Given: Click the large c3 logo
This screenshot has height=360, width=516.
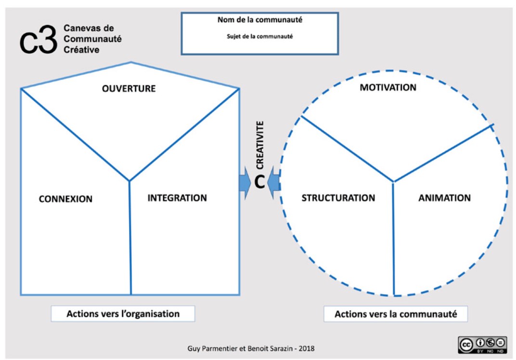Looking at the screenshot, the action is (38, 39).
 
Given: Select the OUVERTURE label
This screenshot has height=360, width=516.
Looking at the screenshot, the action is (129, 89).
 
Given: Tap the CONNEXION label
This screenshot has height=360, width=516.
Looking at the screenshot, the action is (65, 199).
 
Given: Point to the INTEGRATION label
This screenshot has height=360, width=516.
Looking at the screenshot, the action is (177, 198).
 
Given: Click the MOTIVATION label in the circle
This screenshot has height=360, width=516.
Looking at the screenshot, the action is (388, 88).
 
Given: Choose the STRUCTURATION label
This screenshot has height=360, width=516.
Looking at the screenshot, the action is (338, 198).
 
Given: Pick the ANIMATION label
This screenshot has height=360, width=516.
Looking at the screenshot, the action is (445, 198).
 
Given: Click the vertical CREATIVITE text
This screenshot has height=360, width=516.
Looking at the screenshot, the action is (260, 145).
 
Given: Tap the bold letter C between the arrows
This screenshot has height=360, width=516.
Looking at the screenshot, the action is (259, 182).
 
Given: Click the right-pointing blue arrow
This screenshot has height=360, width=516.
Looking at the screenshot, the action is (245, 183).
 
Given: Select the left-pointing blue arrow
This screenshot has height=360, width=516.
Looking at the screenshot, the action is (274, 183).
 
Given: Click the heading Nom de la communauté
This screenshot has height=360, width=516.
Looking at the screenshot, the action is (260, 20).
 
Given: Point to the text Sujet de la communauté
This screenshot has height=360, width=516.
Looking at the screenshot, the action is (259, 37).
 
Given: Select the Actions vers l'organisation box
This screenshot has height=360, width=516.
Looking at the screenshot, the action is (123, 314).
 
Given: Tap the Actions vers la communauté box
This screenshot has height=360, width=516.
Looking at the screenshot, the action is (396, 314).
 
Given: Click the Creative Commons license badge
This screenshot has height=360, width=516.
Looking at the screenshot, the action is (482, 345).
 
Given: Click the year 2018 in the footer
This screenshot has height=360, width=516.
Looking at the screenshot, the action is (306, 348).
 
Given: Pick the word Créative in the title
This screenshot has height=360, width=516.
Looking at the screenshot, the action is (81, 50).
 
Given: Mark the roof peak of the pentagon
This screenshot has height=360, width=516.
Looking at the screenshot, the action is (130, 62).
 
